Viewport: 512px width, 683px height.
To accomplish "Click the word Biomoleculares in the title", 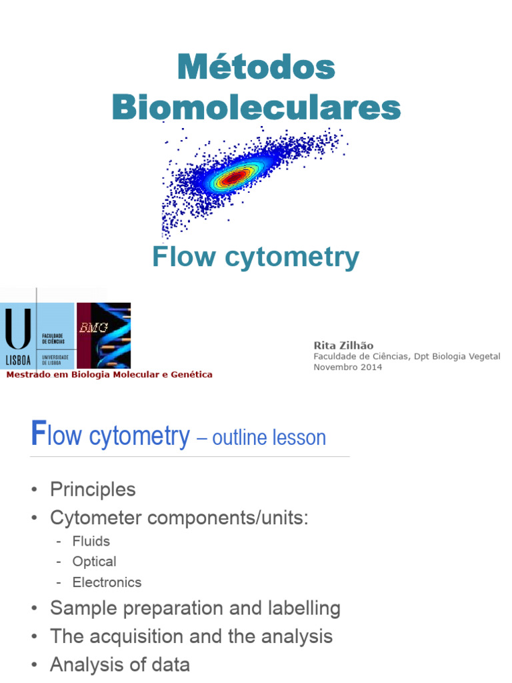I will coord(256,107).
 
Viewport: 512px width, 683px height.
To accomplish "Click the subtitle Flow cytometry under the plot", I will coord(255,257).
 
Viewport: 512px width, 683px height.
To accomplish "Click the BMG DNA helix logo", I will coord(104,335).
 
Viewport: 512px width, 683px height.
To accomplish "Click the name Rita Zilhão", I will coord(343,346).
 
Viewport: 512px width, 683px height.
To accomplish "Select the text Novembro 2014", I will coord(347,368).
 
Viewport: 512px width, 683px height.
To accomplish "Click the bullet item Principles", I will coord(93,490).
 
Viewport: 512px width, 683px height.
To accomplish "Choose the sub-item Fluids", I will coord(91,541).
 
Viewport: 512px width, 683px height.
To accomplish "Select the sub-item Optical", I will coord(94,562).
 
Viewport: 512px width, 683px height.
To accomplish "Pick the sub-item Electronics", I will coord(107,582).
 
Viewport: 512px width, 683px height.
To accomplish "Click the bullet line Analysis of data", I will coord(120,665).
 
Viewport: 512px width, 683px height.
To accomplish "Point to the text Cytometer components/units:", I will coord(179,518).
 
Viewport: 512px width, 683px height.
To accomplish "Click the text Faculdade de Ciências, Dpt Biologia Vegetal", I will coord(407,357).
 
